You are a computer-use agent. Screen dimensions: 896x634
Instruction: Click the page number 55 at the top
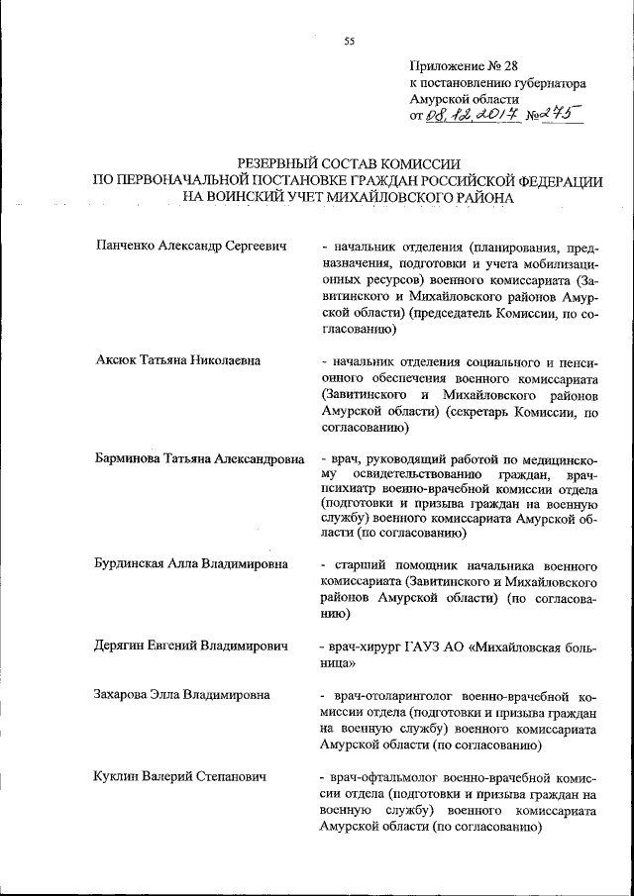click(349, 41)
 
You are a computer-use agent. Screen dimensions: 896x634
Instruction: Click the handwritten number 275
click(562, 115)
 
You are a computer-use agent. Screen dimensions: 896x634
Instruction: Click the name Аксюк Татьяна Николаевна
click(178, 360)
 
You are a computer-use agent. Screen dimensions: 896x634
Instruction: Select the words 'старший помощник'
click(384, 563)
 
